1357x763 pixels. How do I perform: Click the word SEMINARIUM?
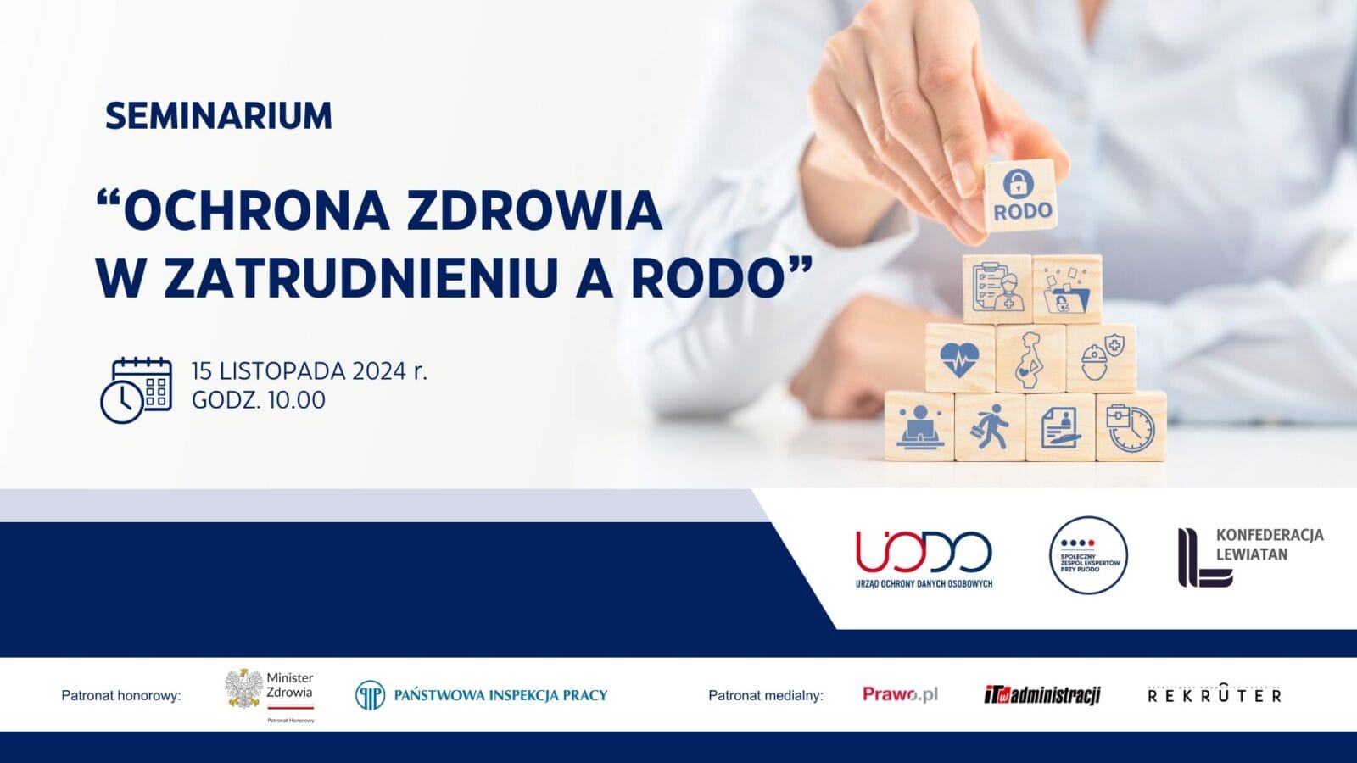(x=218, y=116)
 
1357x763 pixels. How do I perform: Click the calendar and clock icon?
(x=136, y=390)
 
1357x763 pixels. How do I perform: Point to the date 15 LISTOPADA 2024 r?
(x=309, y=371)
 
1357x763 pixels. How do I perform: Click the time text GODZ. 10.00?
(x=259, y=400)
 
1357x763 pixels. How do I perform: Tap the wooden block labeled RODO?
(x=1020, y=196)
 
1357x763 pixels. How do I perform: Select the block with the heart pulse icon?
(x=960, y=359)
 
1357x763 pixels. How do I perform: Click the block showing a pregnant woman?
(x=1030, y=359)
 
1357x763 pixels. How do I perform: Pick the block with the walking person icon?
(x=989, y=426)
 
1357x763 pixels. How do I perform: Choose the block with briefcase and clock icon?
(x=1130, y=426)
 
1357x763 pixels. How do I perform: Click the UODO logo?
(x=924, y=558)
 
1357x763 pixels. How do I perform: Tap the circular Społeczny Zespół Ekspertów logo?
(x=1088, y=555)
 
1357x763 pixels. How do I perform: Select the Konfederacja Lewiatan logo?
(x=1248, y=556)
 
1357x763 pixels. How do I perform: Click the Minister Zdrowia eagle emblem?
(x=243, y=689)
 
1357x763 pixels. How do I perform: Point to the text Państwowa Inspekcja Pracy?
(x=500, y=695)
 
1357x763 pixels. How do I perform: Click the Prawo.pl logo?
(x=900, y=694)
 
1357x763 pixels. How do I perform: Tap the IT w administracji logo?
(x=1041, y=695)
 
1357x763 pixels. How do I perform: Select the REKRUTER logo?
(x=1214, y=695)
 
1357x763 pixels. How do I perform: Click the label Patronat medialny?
(x=765, y=695)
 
